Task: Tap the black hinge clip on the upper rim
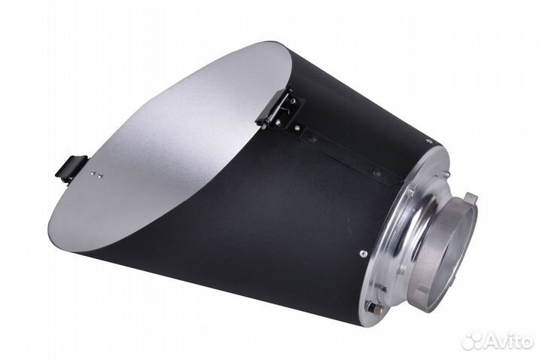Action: pos(280,106)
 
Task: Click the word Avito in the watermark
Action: pos(510,340)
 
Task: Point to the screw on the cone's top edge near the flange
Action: pos(426,141)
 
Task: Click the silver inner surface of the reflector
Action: pos(173,151)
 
